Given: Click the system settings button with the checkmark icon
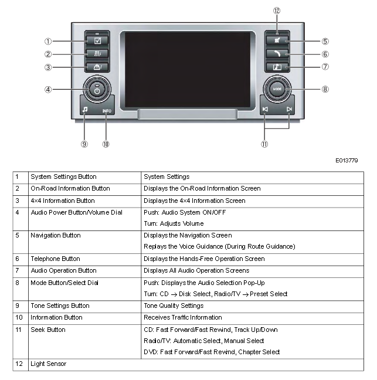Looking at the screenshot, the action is click(x=97, y=40).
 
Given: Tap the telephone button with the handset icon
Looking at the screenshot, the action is click(x=277, y=53).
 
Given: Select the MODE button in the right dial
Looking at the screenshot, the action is click(x=277, y=89).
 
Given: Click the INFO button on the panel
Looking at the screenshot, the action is click(x=107, y=111).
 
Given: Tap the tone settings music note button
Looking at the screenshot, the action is click(x=85, y=110).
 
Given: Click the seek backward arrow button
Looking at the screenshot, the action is click(x=265, y=109).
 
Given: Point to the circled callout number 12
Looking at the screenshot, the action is click(x=277, y=11).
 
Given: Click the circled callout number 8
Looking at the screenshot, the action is click(x=325, y=89).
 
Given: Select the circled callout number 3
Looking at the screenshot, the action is click(x=48, y=67).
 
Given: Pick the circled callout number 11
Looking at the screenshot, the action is click(x=264, y=144).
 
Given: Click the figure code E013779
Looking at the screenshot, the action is click(x=347, y=161).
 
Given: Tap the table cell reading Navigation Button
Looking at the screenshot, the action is click(x=56, y=235).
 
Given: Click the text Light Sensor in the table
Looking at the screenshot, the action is click(x=49, y=364).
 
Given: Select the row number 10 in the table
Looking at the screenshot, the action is click(x=19, y=317).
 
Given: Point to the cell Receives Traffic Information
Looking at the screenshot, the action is click(x=183, y=317).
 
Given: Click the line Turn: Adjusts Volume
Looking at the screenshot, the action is click(x=174, y=223).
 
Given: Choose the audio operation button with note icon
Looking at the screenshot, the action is click(x=277, y=67).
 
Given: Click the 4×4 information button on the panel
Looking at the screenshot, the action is click(x=97, y=67).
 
